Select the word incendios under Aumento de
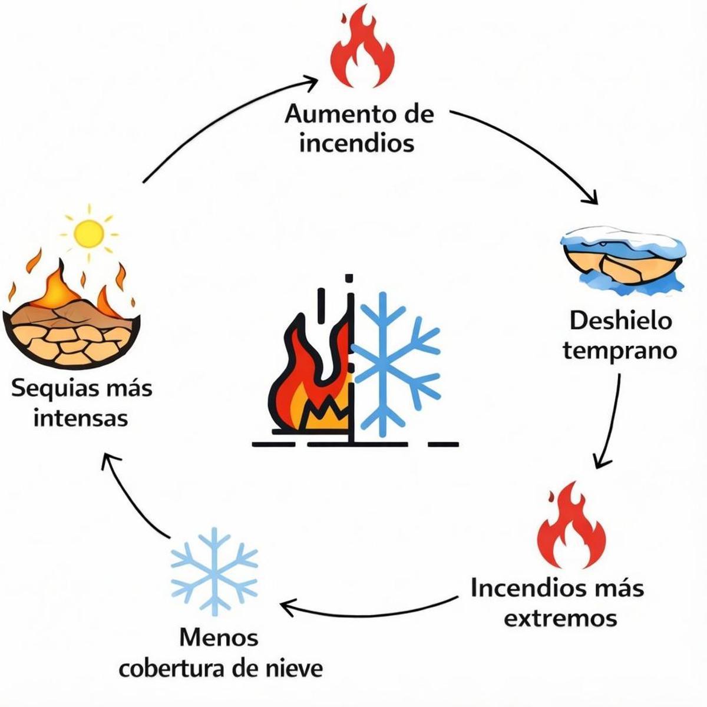click(357, 143)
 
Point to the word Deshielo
click(620, 321)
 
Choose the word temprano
click(620, 351)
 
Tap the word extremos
click(560, 618)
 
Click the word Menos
click(219, 637)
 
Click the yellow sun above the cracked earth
click(90, 233)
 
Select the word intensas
click(81, 419)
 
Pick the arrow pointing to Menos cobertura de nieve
click(365, 613)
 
